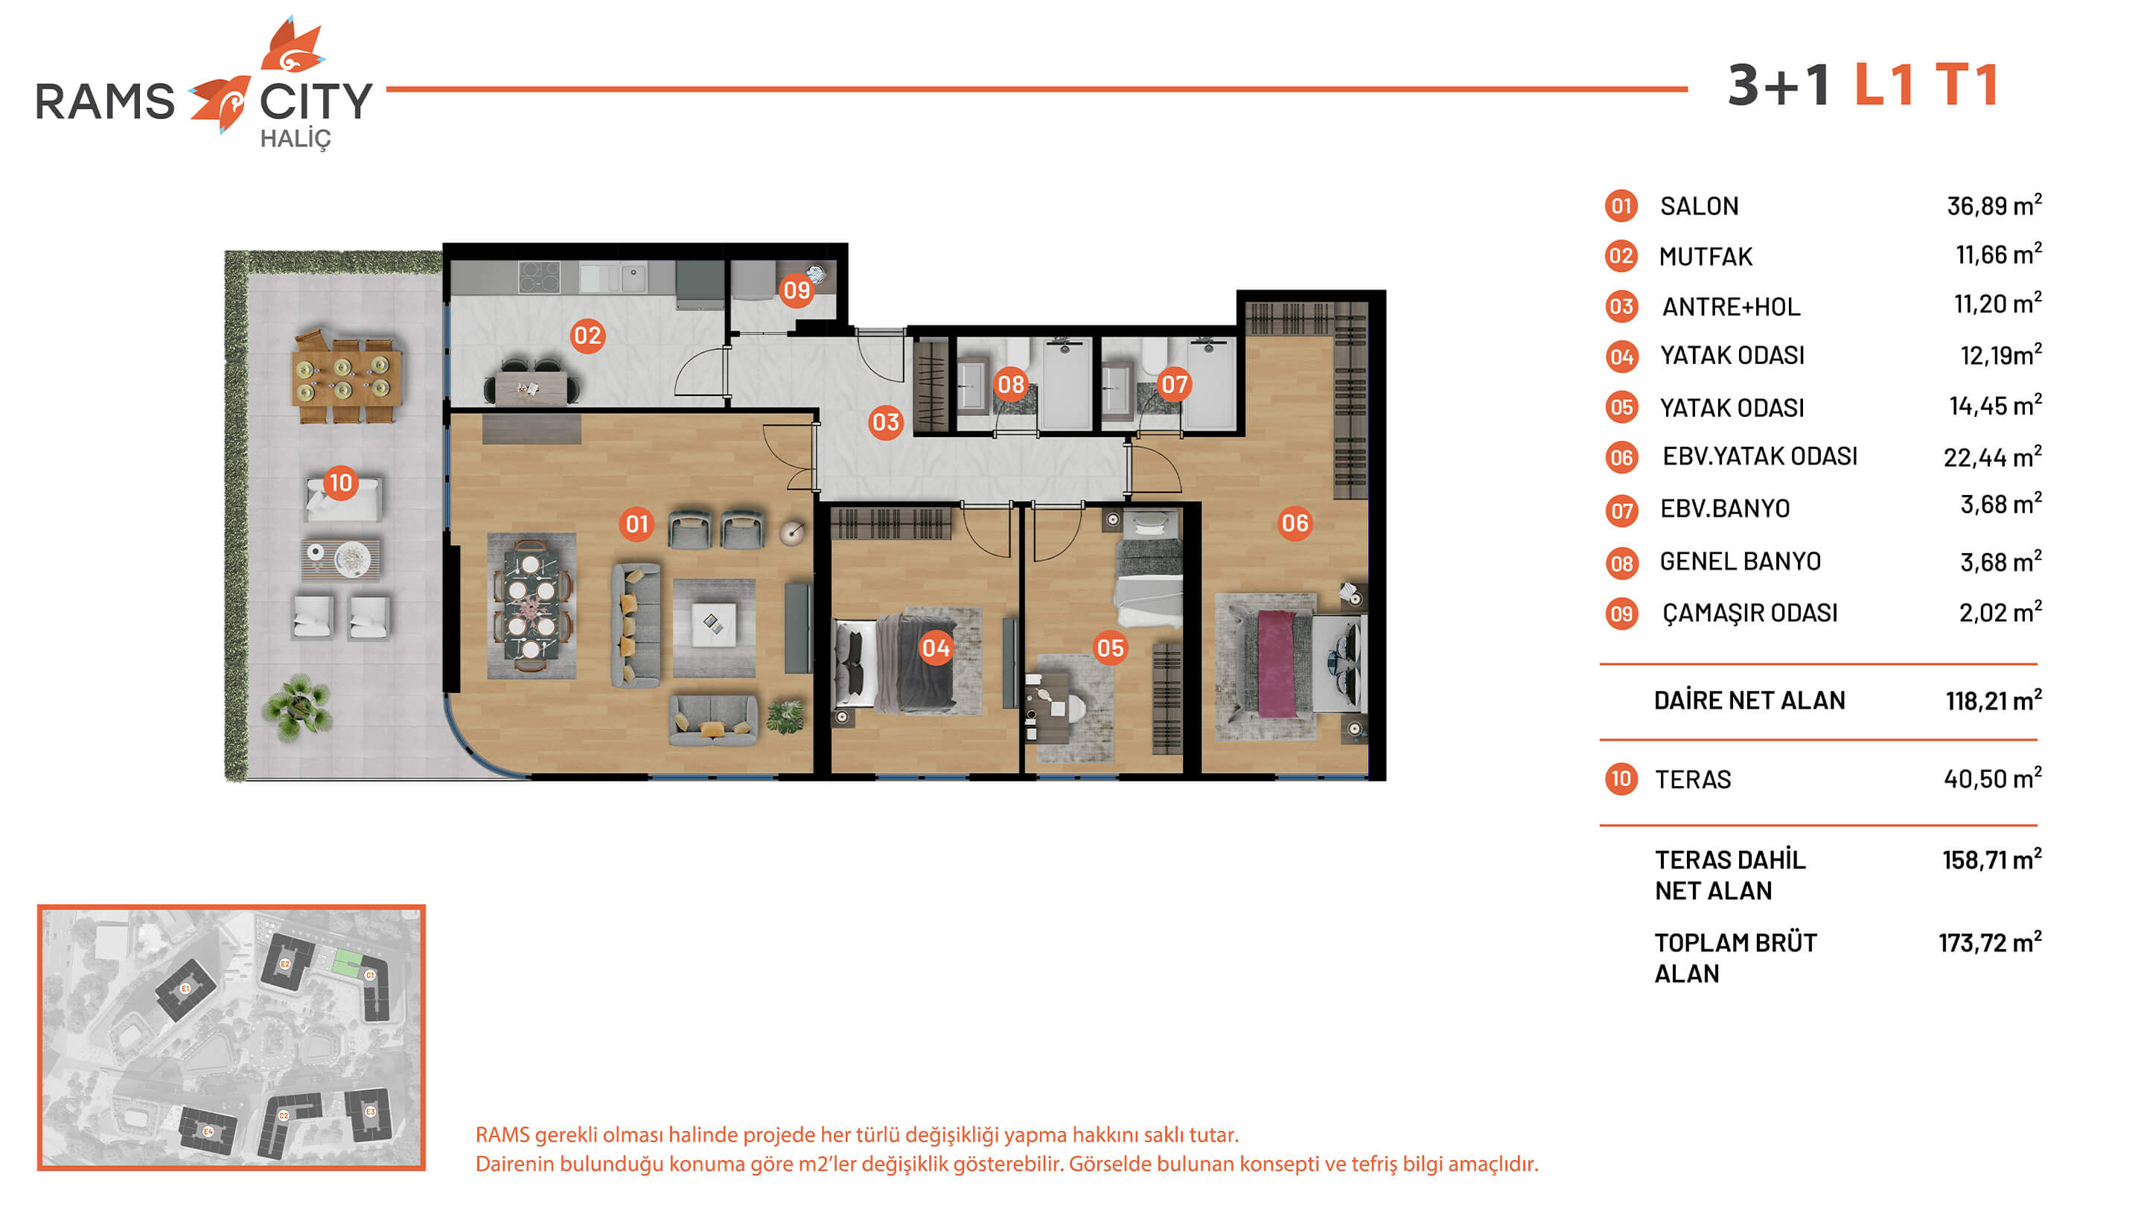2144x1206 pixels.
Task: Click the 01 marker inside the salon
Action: pos(636,524)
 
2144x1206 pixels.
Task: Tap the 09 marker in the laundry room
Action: pos(797,290)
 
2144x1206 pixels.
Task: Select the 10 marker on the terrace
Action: pos(340,482)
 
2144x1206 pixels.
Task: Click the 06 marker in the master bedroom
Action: pos(1295,523)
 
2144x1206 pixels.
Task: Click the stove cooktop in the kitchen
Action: pos(539,277)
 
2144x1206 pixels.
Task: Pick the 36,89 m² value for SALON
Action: pos(1994,205)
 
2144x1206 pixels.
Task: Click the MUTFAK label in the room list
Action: pos(1706,256)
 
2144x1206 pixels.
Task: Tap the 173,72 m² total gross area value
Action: pos(1990,942)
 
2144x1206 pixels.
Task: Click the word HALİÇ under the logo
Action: pos(296,139)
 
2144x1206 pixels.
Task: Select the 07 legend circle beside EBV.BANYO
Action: pos(1621,509)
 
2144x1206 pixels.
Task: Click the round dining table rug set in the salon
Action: pos(532,606)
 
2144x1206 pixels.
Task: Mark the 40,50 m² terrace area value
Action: pos(1993,778)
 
